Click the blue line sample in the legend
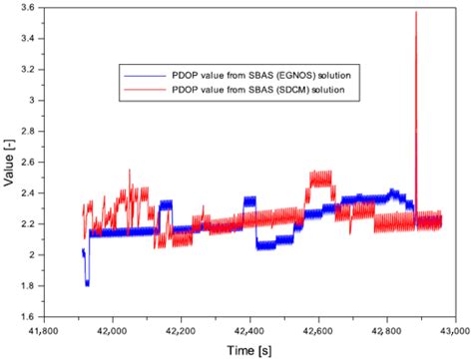(138, 73)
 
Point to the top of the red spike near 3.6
(415, 12)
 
